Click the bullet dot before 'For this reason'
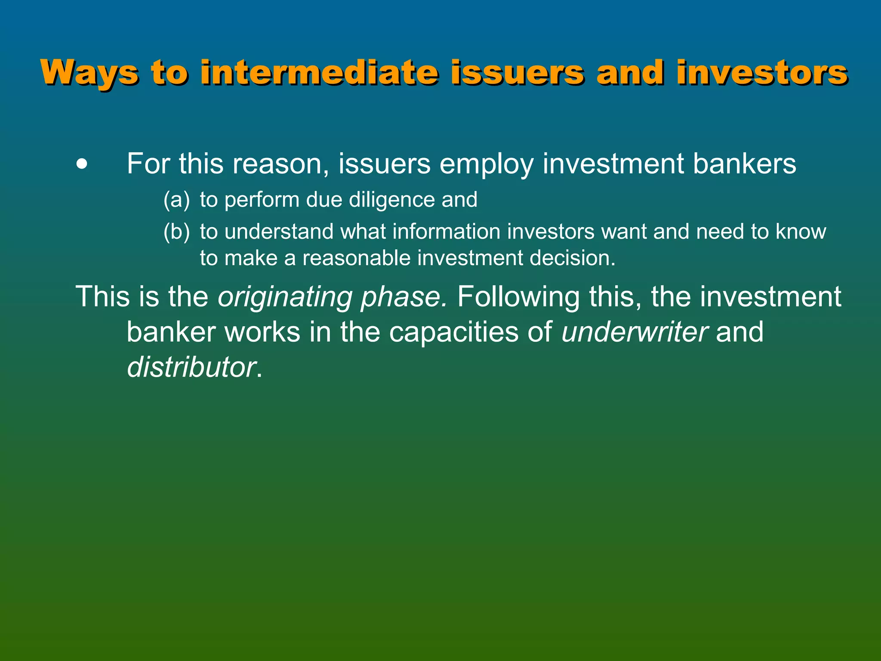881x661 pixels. tap(81, 164)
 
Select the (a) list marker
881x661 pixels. tap(176, 200)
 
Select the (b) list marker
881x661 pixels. tap(176, 232)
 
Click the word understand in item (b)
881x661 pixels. tap(279, 232)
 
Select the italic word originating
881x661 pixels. tap(285, 297)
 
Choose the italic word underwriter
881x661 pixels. tap(634, 332)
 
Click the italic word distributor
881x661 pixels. tap(191, 367)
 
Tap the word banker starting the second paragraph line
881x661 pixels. tap(171, 332)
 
